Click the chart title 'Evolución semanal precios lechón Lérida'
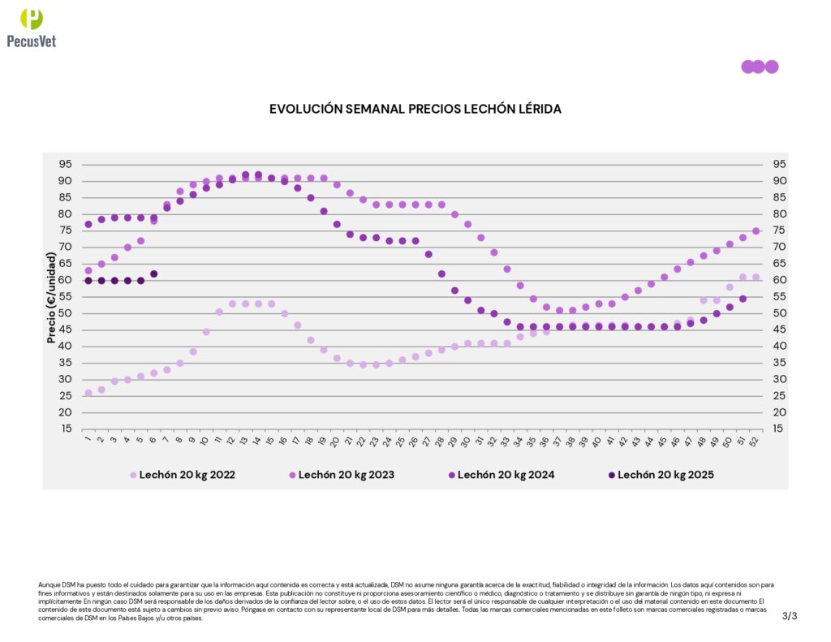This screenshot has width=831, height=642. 415,108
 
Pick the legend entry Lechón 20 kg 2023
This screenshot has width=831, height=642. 347,475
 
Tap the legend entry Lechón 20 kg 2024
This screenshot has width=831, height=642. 506,475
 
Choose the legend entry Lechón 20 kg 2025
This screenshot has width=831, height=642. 665,475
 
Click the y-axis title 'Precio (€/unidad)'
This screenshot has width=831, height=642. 51,297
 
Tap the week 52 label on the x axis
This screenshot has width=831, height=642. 755,442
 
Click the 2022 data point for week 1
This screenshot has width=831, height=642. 88,393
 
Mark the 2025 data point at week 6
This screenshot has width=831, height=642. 153,274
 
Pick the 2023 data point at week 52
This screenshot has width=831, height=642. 756,231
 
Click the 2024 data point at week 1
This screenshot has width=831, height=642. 88,224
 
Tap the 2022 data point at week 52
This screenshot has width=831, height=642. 756,277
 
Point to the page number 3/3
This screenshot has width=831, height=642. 790,616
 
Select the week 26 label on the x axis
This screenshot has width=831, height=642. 415,442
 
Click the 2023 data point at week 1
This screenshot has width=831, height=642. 88,270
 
